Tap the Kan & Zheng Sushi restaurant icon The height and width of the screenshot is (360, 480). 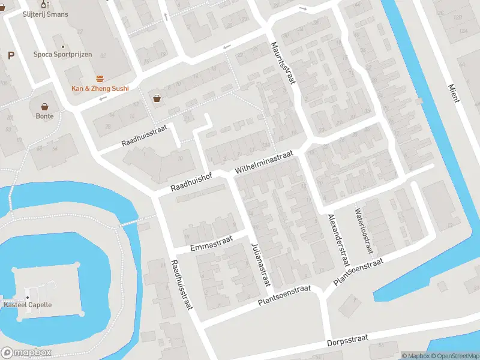[x=100, y=79]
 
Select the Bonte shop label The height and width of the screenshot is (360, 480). [x=44, y=116]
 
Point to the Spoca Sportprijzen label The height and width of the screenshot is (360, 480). [x=63, y=54]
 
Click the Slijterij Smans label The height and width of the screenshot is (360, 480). [x=46, y=14]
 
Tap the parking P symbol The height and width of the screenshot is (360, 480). [x=11, y=55]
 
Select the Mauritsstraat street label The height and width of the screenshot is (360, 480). [x=283, y=62]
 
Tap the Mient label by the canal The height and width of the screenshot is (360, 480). [x=454, y=93]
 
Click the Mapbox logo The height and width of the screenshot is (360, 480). [x=26, y=353]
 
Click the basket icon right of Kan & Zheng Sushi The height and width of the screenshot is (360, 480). [x=157, y=98]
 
